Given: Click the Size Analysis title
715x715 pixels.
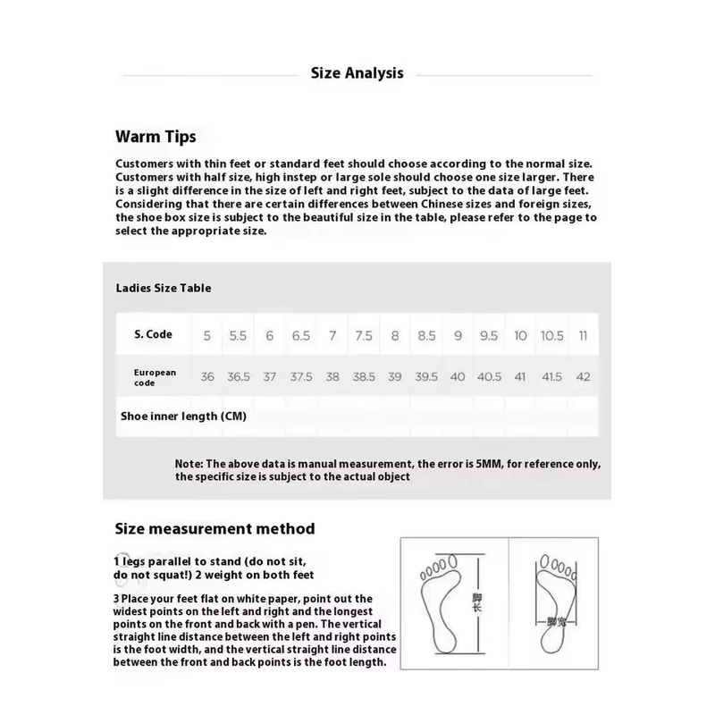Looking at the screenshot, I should pos(357,73).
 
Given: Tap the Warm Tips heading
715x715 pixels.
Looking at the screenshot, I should pos(156,137).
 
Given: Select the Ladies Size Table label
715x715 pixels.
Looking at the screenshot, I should pos(164,288).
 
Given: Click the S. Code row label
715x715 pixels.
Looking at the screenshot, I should pos(153,334).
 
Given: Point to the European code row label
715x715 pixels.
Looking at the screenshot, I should pos(155,376).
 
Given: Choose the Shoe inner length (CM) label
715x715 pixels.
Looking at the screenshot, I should pos(183,416).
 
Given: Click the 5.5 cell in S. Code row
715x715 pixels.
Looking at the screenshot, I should pos(238,336).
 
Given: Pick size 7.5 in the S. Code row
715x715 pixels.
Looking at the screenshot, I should pos(364,336).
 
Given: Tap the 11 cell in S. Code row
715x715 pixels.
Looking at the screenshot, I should pos(583,336).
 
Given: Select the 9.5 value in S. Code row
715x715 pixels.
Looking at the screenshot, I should pos(489,336).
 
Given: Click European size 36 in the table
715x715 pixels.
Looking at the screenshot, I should pos(207,377).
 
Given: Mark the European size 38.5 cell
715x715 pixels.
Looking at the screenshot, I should pos(364,377).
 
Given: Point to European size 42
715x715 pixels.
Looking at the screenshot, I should pos(583,377).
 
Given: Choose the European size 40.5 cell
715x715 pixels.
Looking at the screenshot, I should pos(489,377).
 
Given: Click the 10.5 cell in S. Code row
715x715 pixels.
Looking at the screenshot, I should pos(551,336).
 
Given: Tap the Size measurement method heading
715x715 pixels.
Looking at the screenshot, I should pos(214,529).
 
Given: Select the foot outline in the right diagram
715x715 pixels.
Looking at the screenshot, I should pos(556,599).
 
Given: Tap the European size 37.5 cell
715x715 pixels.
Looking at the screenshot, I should pos(301,377).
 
